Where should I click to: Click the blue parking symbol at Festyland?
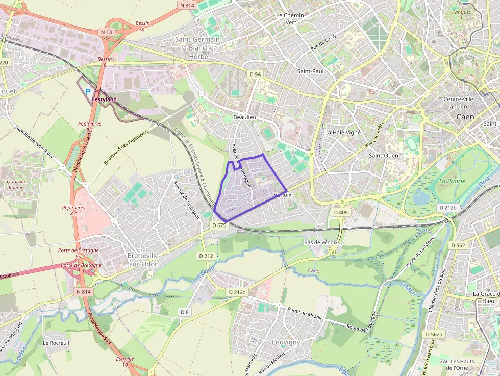88,92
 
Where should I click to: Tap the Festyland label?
104,99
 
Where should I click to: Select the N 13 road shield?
106,32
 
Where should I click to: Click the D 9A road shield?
255,74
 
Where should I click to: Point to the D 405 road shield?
340,212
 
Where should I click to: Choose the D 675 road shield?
218,225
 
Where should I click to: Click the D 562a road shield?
434,334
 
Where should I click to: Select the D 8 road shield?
184,311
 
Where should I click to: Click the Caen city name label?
465,117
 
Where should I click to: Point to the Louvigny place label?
286,343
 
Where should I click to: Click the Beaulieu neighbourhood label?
244,117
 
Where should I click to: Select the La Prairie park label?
452,181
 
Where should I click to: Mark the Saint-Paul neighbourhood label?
310,71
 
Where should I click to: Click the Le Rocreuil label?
56,343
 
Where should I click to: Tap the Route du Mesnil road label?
305,313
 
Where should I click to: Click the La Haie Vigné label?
343,132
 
